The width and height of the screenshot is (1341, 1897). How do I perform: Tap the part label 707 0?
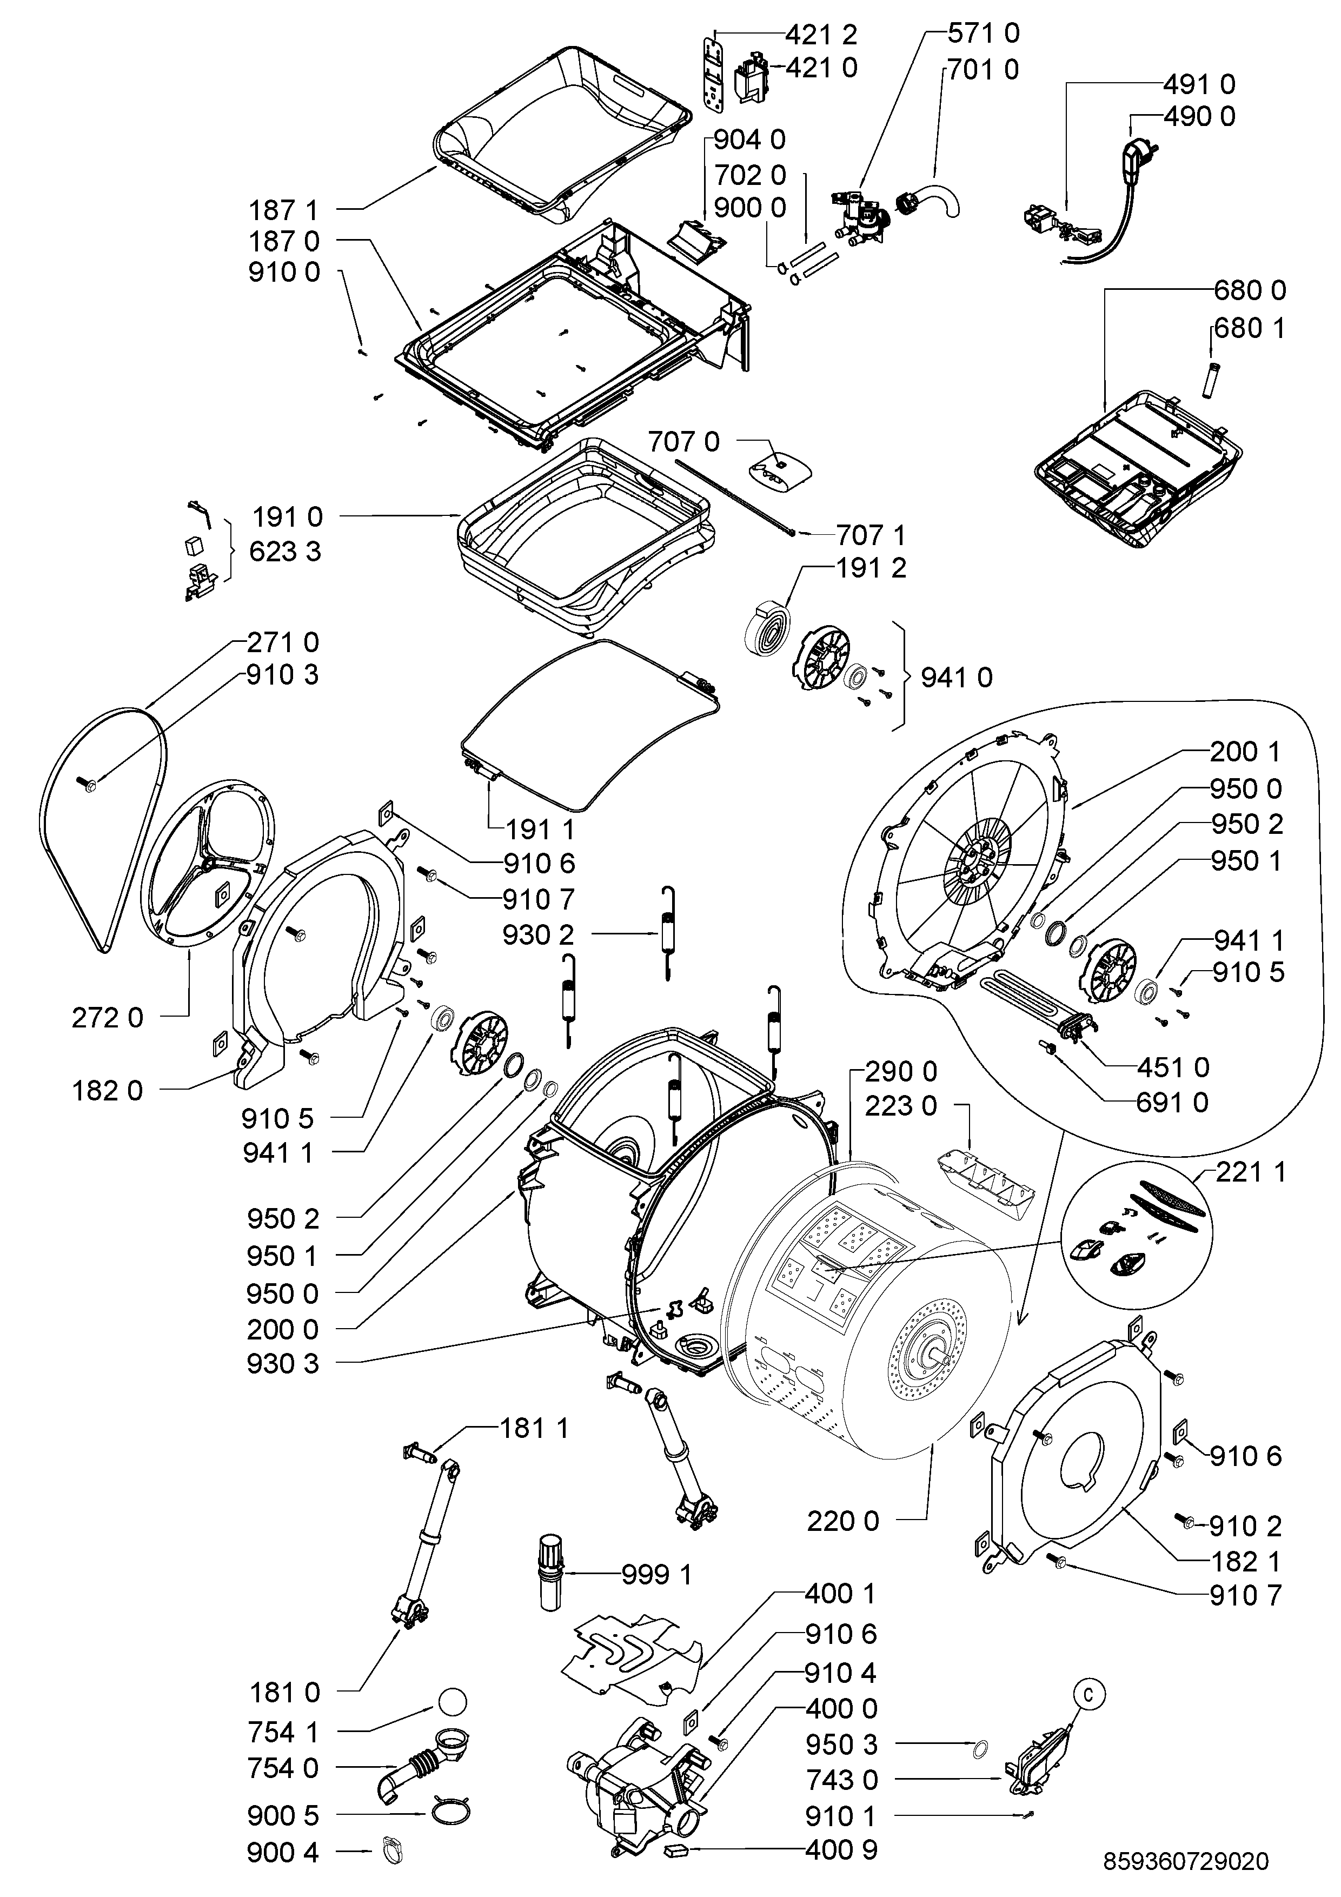tap(683, 442)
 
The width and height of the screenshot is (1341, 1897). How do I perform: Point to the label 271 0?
tap(283, 642)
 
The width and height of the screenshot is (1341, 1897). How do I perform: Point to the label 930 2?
tap(538, 934)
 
